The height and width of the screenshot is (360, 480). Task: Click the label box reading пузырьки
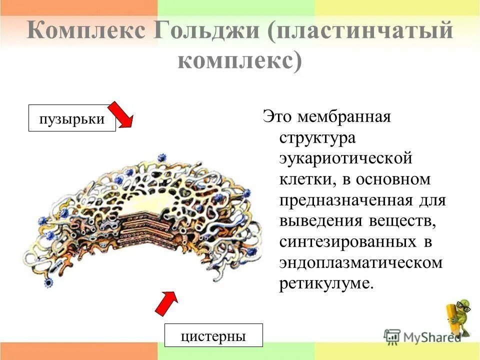coord(72,118)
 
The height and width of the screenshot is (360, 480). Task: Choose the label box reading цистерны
coord(213,336)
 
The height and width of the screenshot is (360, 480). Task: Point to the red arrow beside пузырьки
coord(121,115)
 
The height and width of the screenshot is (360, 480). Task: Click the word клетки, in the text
coord(304,178)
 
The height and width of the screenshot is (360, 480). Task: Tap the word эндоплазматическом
coord(360,262)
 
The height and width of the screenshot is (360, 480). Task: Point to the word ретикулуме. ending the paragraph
coord(326,283)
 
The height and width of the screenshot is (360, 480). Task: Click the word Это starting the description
coord(276,118)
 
